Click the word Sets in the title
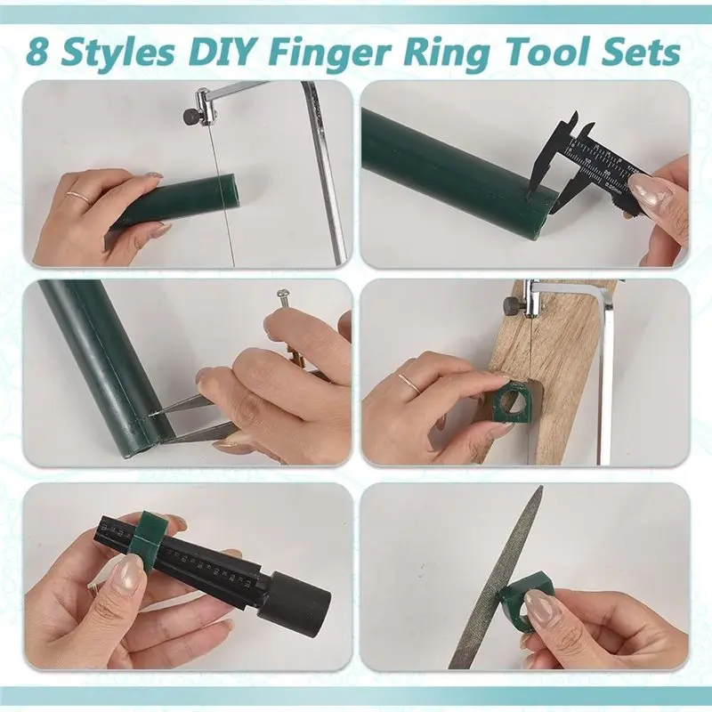(646, 52)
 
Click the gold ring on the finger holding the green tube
(79, 196)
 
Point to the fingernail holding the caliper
(649, 188)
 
